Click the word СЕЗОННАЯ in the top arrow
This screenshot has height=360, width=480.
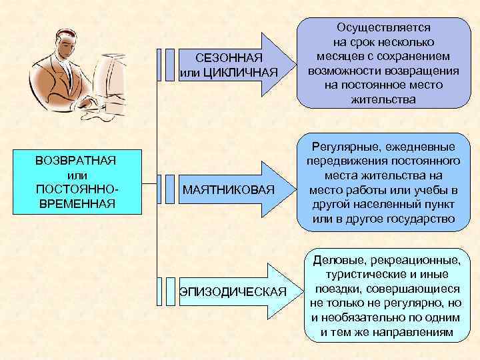(229, 59)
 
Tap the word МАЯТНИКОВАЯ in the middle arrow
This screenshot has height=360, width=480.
(229, 191)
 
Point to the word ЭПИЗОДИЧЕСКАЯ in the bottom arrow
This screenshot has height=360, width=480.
(232, 292)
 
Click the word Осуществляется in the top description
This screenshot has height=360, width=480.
(383, 28)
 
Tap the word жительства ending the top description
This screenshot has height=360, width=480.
(383, 100)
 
